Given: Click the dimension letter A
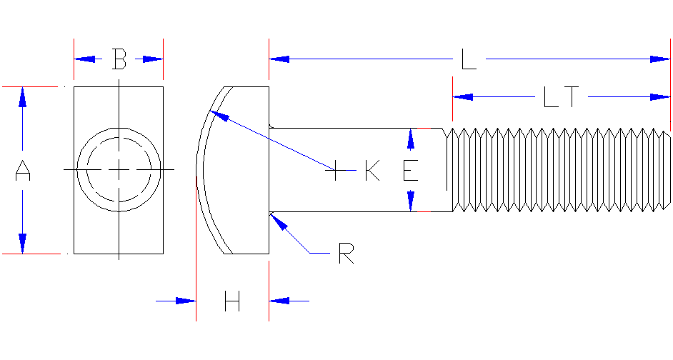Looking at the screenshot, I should click(23, 171).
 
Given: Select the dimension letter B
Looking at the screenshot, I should click(119, 59).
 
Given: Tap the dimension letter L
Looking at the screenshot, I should click(469, 59).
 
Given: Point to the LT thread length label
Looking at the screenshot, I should click(560, 96).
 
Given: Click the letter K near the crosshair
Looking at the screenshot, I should click(372, 171).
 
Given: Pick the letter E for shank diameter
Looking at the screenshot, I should click(410, 171).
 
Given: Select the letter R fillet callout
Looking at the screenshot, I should click(346, 254).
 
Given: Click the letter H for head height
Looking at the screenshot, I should click(231, 301).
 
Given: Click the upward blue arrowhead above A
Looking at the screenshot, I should click(23, 97).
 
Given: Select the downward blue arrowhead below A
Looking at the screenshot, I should click(23, 244).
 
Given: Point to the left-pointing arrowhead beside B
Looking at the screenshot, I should click(84, 59).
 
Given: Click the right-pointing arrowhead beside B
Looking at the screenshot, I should click(153, 59).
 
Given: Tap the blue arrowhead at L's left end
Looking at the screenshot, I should click(279, 59).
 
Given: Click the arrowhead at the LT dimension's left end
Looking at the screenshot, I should click(463, 96).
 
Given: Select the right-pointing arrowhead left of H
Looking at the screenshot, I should click(186, 301).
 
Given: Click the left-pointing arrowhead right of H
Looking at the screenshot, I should click(279, 301).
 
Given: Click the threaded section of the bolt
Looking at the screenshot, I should click(557, 170).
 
